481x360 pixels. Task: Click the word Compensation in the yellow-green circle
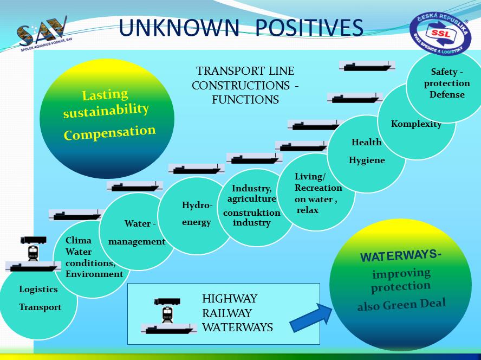click(x=109, y=132)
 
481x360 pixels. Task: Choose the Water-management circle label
click(x=138, y=233)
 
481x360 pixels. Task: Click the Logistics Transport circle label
click(x=39, y=298)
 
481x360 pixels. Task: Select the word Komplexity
click(x=416, y=124)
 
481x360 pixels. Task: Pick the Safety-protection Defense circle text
click(x=447, y=83)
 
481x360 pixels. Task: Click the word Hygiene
click(x=367, y=160)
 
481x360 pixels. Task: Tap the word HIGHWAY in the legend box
click(x=230, y=299)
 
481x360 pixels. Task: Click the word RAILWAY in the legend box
click(x=227, y=313)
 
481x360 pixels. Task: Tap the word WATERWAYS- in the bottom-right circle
click(x=401, y=255)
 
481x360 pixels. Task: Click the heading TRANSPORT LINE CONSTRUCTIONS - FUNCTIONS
click(x=245, y=85)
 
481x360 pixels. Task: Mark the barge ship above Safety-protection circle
click(x=367, y=66)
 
